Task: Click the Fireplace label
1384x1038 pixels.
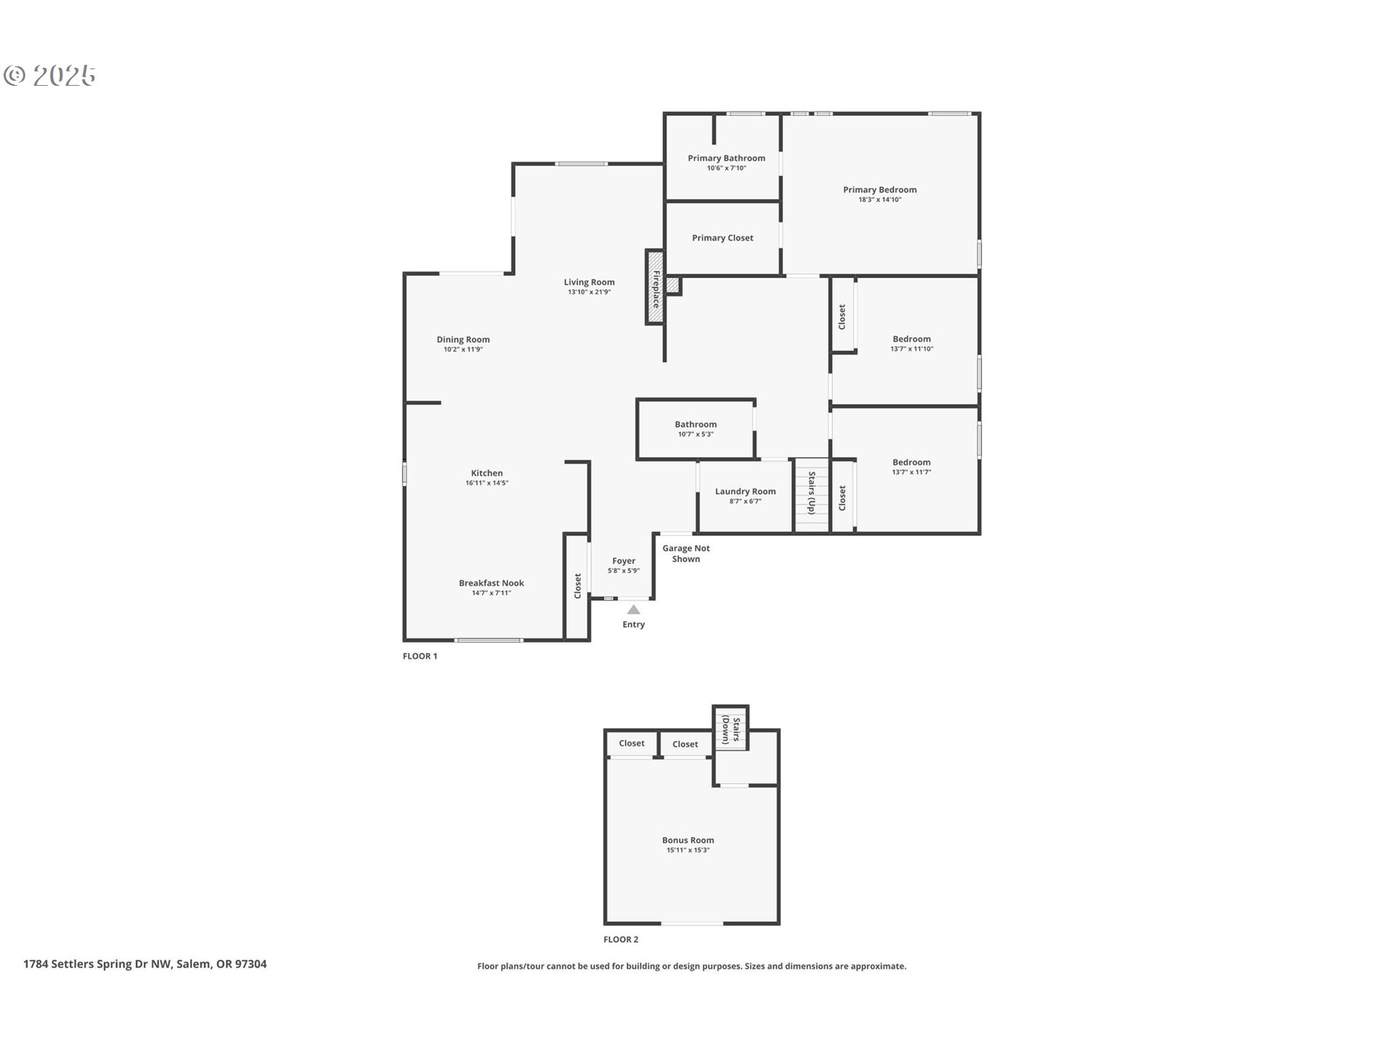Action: (656, 288)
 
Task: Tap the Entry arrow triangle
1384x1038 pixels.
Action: (634, 610)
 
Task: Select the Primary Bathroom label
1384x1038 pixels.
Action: (727, 158)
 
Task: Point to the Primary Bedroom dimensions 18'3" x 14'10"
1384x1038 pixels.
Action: (879, 200)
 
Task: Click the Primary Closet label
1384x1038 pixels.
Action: (722, 238)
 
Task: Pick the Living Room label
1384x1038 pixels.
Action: (589, 282)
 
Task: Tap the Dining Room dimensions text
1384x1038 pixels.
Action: (463, 350)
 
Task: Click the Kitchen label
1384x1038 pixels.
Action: (487, 473)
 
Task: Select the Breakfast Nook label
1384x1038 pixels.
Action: (492, 583)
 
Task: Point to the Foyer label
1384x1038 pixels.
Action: (624, 561)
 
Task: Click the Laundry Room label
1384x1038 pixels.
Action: (745, 492)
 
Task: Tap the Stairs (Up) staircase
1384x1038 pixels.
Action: (812, 496)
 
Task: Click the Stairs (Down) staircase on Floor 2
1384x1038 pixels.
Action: (730, 729)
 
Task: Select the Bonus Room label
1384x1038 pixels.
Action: (688, 840)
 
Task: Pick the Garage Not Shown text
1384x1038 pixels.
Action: (686, 554)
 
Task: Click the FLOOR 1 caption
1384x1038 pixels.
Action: (420, 656)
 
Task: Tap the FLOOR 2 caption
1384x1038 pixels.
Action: (621, 939)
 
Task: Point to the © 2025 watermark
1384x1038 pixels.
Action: (50, 75)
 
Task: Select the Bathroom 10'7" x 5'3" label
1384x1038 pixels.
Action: (696, 429)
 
